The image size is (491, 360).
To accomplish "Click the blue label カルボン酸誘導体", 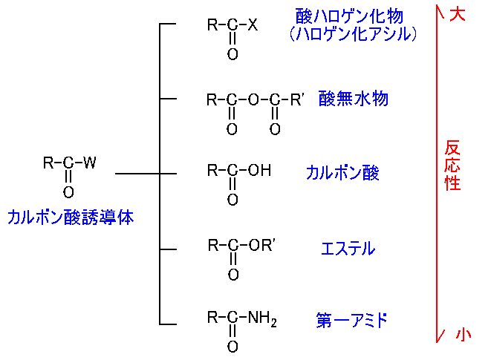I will pos(71,217).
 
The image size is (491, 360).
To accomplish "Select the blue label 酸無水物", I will pos(353,99).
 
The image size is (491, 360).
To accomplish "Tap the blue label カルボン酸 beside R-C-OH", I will pos(342,173).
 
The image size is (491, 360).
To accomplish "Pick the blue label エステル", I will pos(348,249).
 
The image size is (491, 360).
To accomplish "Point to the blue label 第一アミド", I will pos(351,321).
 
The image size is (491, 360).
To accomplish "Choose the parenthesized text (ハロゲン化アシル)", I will pos(353,33).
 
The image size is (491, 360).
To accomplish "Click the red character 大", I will pos(458,14).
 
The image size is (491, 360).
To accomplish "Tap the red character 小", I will pos(464,335).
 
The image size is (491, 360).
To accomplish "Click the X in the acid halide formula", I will pos(253,25).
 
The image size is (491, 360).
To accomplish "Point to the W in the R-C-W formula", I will pos(89,163).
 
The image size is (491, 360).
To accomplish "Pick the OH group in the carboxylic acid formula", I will pos(259,171).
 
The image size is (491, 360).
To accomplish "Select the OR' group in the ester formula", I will pos(264,246).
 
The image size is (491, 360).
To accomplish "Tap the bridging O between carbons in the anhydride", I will pos(253,99).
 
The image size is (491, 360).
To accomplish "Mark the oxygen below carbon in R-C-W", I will pos(68,192).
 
